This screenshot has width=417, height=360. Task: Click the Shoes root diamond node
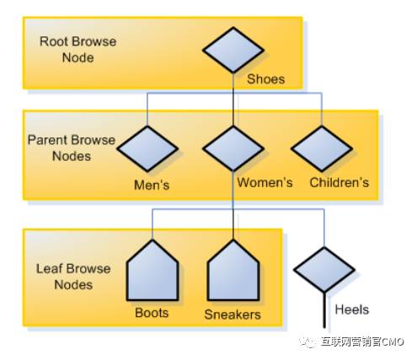point(233,50)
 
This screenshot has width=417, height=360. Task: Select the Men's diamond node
point(147,148)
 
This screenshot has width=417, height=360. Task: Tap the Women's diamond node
point(233,148)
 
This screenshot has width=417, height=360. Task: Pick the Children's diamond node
point(322,148)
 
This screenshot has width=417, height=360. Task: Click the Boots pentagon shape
point(152,271)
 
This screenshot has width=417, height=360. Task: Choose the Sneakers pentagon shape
point(233,271)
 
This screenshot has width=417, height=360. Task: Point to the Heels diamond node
point(324,270)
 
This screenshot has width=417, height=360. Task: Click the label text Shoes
point(265,79)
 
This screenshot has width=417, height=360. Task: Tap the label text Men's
point(152,185)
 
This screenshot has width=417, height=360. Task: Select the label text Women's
point(265,182)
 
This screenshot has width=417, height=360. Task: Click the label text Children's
point(339,182)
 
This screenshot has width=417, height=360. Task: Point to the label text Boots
point(152,313)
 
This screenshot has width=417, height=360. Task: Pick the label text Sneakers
point(233,314)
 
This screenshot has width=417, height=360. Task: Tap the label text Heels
point(352,309)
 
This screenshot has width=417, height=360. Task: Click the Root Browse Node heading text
point(78,50)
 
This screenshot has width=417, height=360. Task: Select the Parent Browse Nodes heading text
point(72,148)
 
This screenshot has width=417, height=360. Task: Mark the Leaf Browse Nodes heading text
point(73,277)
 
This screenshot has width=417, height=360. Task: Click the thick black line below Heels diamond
point(324,310)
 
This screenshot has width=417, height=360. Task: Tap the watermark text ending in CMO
point(362,341)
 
